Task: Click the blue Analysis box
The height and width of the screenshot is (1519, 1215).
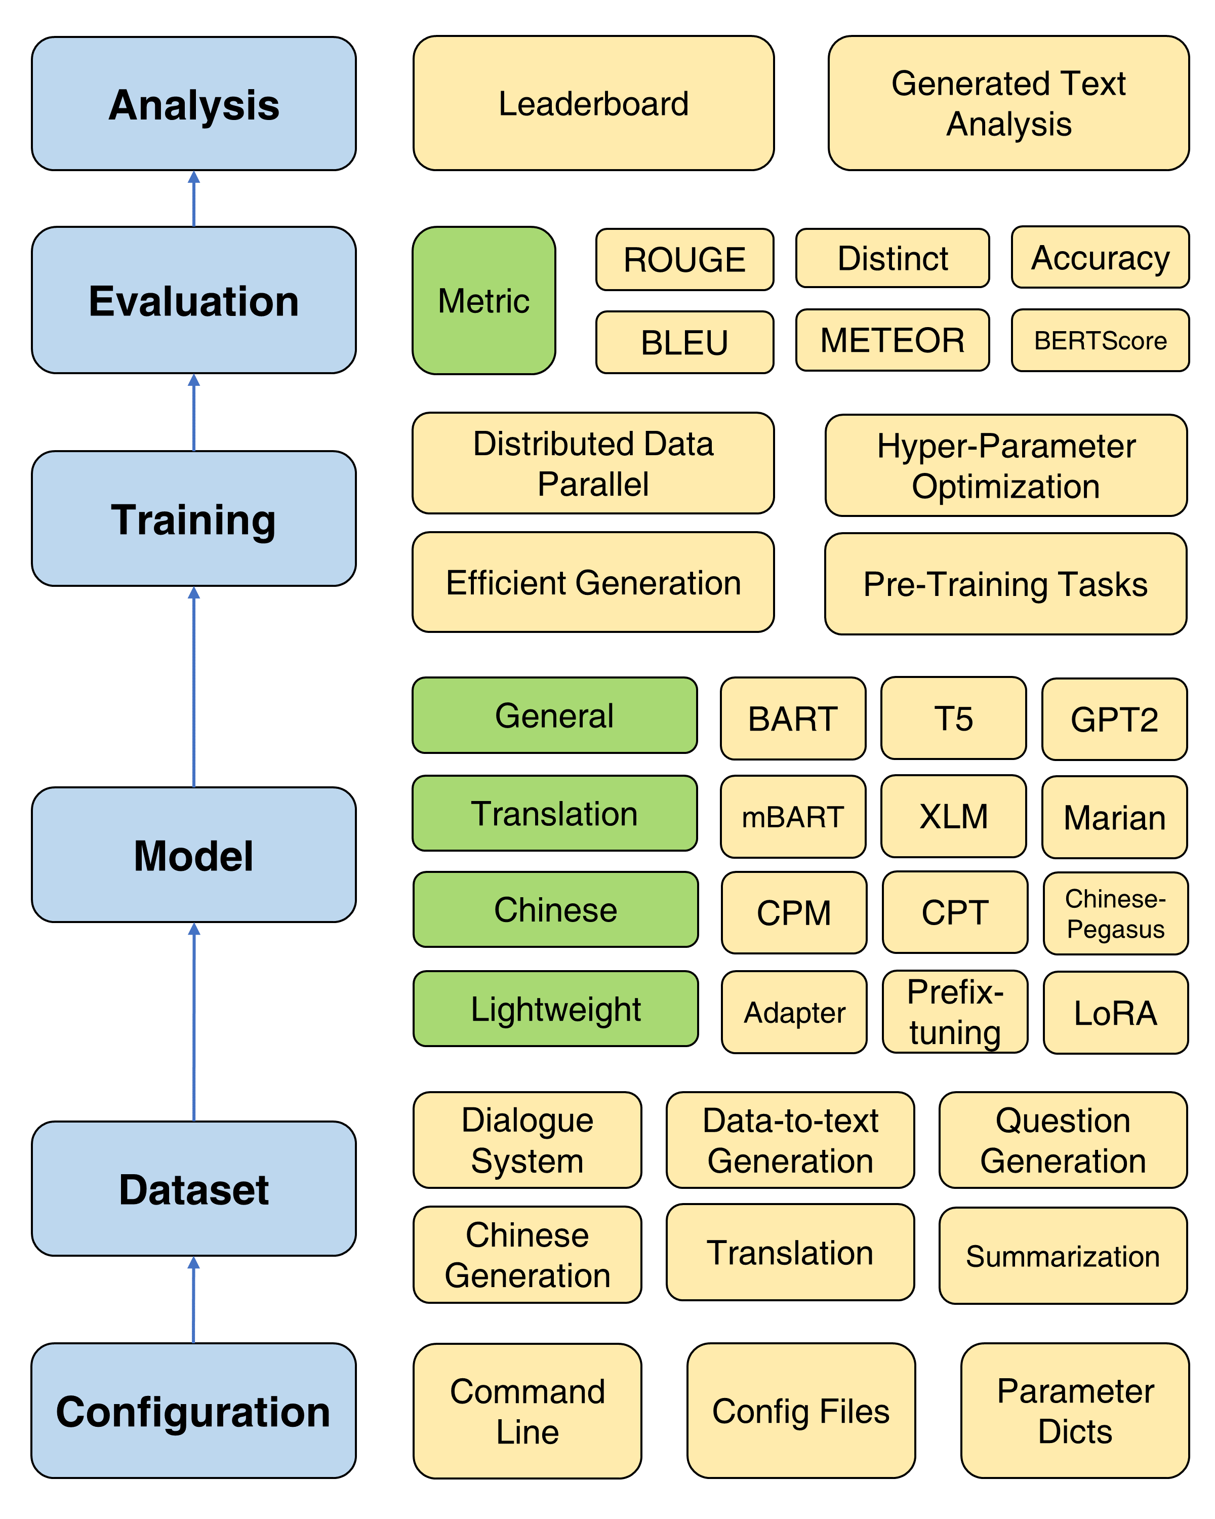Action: coord(194,104)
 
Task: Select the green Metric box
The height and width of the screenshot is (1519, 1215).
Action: coord(484,300)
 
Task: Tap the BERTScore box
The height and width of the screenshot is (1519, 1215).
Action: coord(1100,340)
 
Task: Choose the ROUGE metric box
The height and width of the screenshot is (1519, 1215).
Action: coord(684,259)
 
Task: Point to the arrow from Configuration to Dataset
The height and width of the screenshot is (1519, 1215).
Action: coord(194,1299)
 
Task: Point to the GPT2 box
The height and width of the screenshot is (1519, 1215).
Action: coord(1114,719)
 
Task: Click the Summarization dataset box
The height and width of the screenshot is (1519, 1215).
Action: coord(1062,1256)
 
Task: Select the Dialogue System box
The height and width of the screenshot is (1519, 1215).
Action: coord(527,1140)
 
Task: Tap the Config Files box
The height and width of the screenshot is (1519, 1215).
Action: coord(801,1411)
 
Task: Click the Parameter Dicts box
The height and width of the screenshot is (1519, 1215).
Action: coord(1074,1411)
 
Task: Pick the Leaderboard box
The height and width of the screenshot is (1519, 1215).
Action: coord(593,104)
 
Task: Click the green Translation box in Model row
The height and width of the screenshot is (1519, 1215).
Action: coord(554,813)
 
